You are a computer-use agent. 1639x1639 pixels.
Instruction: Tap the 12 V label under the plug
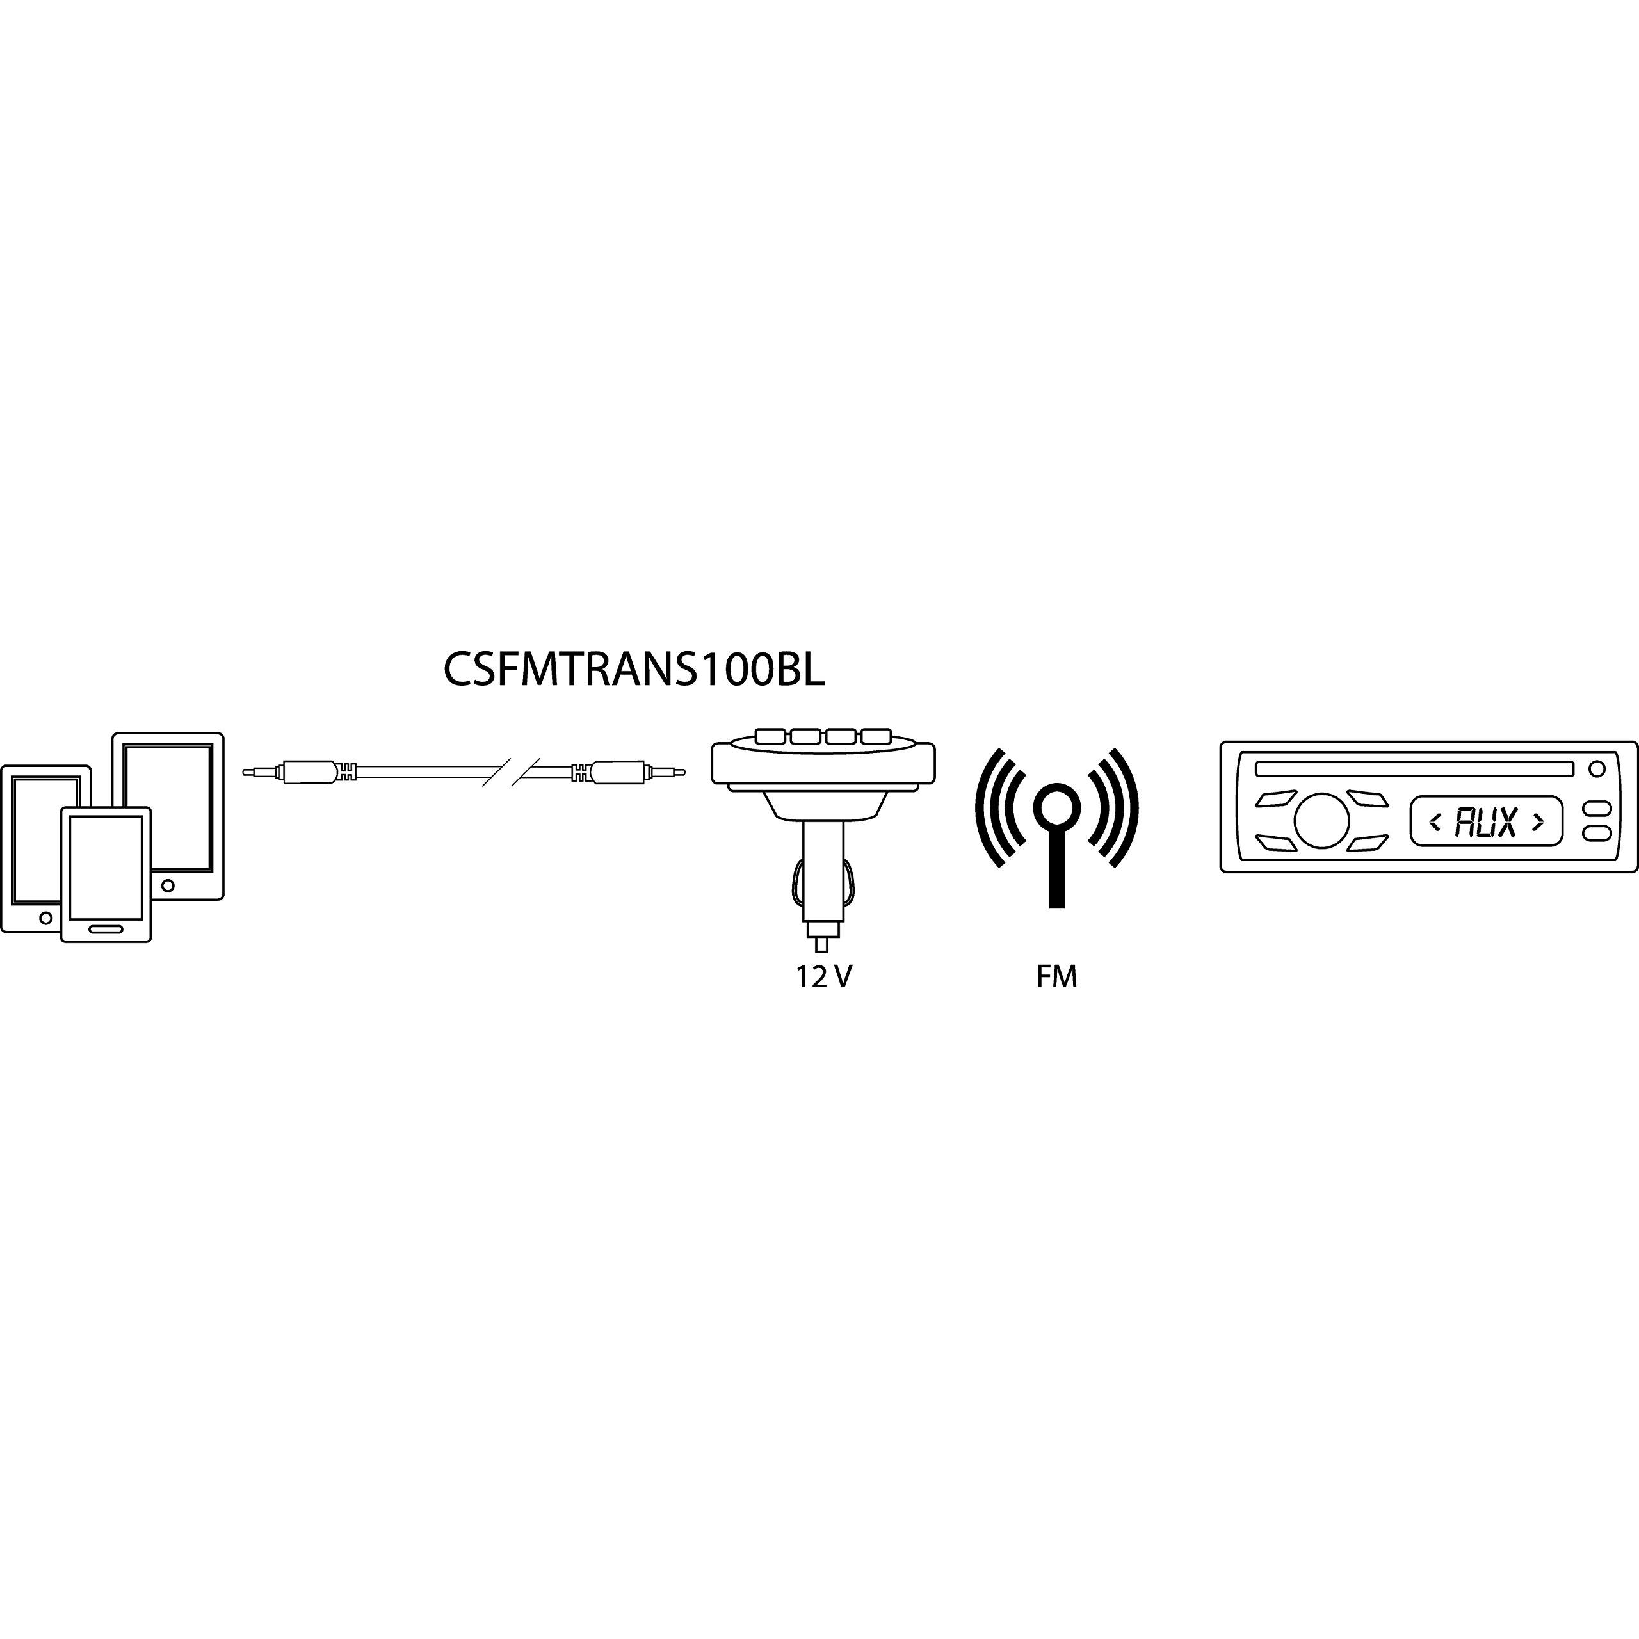823,977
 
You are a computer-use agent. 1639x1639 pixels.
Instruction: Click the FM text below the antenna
1056,977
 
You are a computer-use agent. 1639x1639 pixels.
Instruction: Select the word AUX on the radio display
1485,821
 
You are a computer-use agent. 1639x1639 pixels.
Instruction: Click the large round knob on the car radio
1321,820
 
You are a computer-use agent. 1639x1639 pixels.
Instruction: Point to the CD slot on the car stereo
1415,768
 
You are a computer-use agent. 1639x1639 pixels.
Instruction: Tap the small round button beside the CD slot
1597,768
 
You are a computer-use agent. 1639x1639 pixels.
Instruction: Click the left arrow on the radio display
1435,821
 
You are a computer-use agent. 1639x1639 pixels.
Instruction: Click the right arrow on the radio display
1537,821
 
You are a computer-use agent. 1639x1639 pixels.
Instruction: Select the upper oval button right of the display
1597,809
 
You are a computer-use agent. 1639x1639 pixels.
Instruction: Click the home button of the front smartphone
106,929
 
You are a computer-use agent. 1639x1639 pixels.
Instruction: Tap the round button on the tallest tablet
168,885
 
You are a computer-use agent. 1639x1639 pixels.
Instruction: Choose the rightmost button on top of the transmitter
876,736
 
